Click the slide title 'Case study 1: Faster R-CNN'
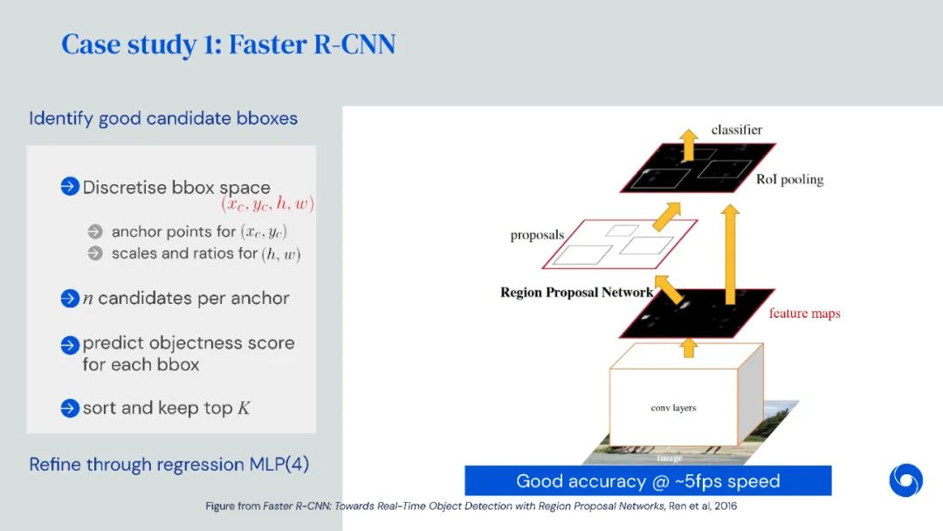point(228,44)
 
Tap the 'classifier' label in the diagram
point(736,130)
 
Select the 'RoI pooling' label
point(789,180)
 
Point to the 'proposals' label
point(537,235)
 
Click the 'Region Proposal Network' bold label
point(576,293)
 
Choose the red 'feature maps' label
point(804,313)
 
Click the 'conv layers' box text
point(673,408)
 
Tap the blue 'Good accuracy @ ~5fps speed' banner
point(647,480)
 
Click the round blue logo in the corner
point(905,480)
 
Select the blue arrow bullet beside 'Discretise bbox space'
point(70,187)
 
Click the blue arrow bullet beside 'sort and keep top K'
point(70,408)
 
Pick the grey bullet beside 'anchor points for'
point(95,231)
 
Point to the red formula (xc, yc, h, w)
point(267,204)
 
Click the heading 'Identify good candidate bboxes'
point(163,118)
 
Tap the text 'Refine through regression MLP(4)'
point(169,464)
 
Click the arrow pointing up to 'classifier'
point(689,144)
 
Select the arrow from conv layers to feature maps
point(689,347)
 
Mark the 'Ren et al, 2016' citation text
point(692,506)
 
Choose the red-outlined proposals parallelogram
point(620,244)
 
